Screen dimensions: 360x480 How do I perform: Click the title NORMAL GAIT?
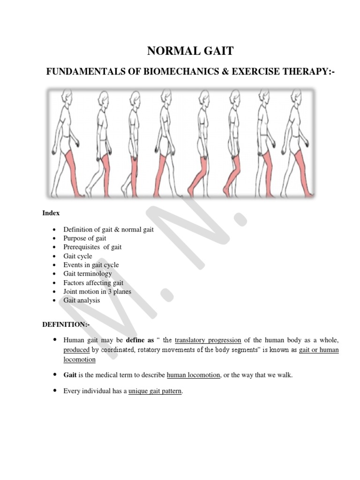pyautogui.click(x=180, y=51)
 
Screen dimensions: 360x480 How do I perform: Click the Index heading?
pyautogui.click(x=51, y=213)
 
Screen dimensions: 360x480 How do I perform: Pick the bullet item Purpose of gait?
pyautogui.click(x=85, y=238)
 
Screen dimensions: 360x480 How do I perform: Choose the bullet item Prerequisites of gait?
pyautogui.click(x=92, y=247)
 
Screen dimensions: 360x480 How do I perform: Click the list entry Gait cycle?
pyautogui.click(x=78, y=256)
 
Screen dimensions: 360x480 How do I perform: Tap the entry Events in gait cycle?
pyautogui.click(x=91, y=265)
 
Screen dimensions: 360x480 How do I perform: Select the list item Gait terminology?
pyautogui.click(x=88, y=274)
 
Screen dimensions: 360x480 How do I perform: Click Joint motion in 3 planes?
pyautogui.click(x=97, y=292)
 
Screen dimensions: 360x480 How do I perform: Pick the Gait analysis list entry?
pyautogui.click(x=82, y=300)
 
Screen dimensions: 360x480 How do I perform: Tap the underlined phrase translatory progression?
pyautogui.click(x=208, y=340)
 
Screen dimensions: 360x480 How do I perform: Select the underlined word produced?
pyautogui.click(x=76, y=350)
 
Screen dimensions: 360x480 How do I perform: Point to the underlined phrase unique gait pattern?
pyautogui.click(x=155, y=390)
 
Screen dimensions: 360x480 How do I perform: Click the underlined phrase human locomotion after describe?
pyautogui.click(x=193, y=375)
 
